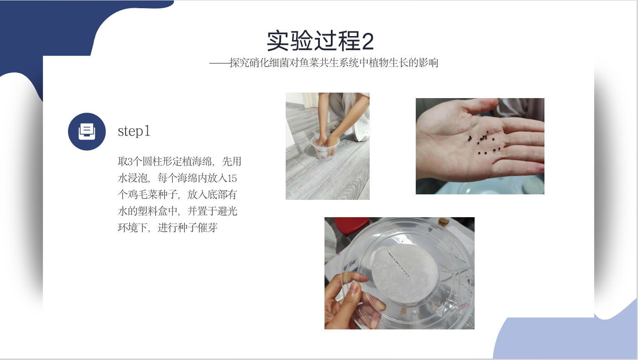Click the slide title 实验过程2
pyautogui.click(x=320, y=41)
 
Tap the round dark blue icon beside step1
pyautogui.click(x=87, y=131)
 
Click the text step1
pyautogui.click(x=134, y=131)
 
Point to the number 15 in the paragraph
pyautogui.click(x=232, y=178)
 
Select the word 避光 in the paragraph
pyautogui.click(x=227, y=211)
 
